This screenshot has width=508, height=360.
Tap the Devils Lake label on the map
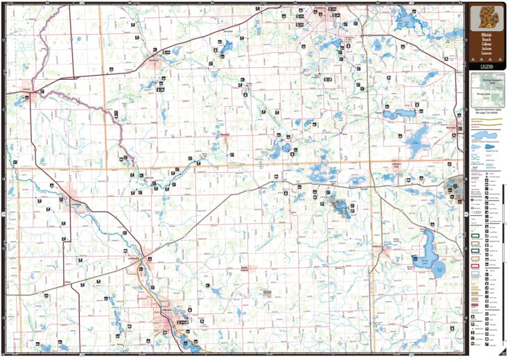pyautogui.click(x=421, y=261)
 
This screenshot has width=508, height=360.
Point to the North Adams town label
pyautogui.click(x=244, y=268)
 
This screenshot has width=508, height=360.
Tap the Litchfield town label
pyautogui.click(x=76, y=205)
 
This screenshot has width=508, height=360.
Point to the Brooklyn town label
pyautogui.click(x=453, y=128)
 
